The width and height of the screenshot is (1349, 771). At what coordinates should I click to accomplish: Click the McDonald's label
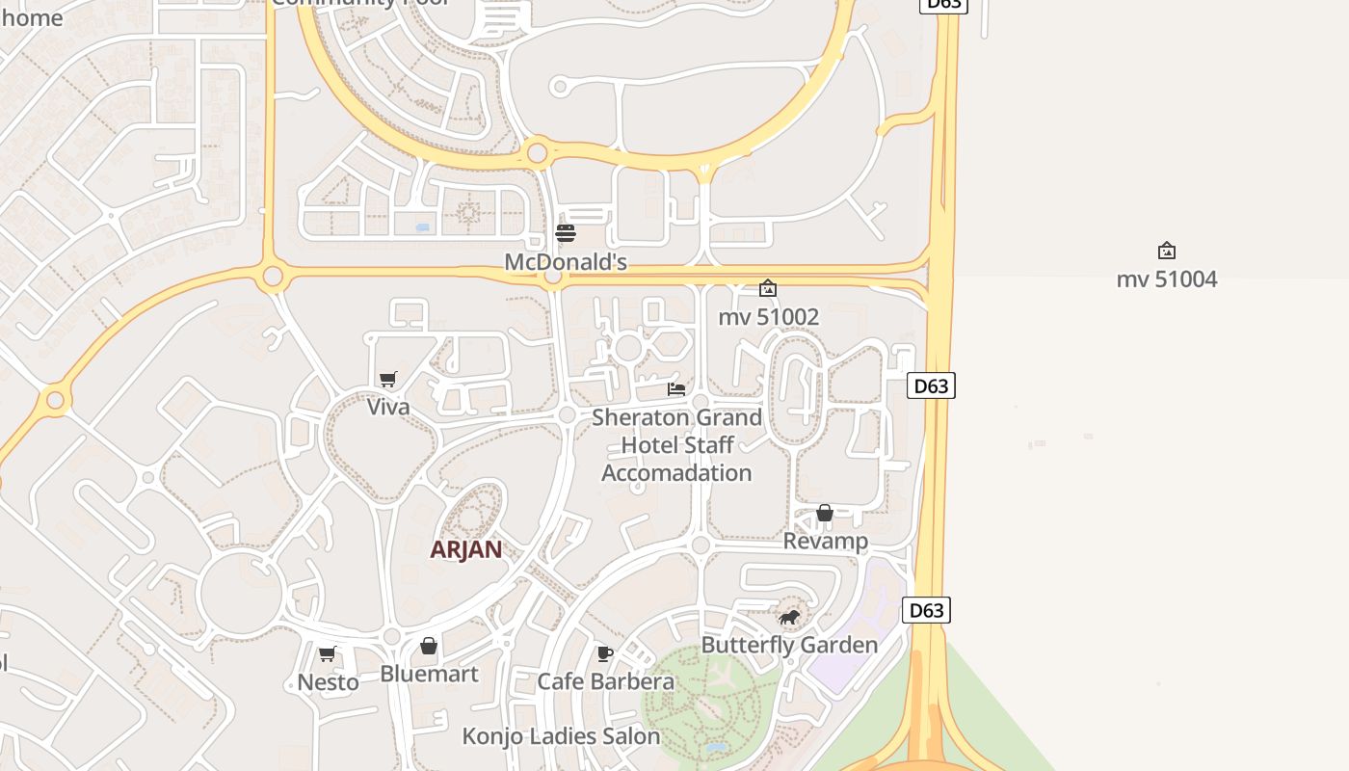566,262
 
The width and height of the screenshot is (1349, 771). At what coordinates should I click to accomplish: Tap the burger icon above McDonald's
566,233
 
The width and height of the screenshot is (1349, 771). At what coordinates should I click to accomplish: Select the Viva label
388,407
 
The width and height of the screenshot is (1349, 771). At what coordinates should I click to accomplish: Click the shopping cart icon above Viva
387,379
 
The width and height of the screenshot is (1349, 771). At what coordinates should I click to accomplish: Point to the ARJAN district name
465,549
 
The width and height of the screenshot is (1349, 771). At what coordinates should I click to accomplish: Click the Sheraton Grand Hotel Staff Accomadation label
676,445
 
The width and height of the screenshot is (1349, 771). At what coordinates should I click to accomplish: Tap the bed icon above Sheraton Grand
676,389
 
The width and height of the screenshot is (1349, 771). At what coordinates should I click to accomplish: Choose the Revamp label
825,541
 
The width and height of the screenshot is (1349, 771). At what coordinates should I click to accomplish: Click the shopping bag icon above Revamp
825,513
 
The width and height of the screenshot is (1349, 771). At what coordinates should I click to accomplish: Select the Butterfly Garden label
789,645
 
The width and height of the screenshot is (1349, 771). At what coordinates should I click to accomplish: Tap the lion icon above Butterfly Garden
789,617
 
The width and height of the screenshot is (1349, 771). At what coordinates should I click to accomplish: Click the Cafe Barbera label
605,681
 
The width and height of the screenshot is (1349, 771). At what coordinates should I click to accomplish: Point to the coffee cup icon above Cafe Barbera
605,653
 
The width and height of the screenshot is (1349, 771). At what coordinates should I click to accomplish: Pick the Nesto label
328,682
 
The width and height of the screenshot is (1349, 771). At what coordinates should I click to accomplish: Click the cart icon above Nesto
328,654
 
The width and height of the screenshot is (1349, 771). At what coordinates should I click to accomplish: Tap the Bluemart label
429,674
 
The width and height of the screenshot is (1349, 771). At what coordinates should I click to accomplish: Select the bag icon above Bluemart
429,646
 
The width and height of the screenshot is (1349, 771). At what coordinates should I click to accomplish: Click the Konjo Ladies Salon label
561,736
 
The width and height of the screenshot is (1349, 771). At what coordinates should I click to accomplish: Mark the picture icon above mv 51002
768,288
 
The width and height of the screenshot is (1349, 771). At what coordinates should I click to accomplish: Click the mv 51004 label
1166,279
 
